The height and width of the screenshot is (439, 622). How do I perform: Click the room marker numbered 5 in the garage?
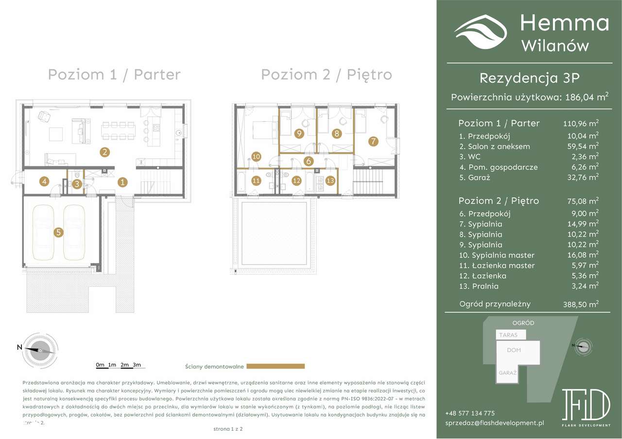coord(58,232)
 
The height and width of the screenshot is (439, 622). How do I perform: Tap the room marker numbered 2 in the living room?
coord(104,152)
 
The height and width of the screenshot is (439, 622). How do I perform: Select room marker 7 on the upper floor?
coord(373,142)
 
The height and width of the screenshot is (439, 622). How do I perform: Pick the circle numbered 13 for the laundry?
coord(330,180)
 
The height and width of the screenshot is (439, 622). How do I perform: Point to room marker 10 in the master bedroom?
coord(257,156)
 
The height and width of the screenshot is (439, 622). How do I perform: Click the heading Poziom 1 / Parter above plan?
coord(114,75)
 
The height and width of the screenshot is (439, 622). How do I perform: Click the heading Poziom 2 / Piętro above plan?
coord(326,75)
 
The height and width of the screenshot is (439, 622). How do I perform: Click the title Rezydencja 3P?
coord(529,78)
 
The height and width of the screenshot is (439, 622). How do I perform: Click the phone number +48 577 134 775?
coord(470,413)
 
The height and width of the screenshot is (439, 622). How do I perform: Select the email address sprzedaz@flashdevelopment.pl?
coord(494,423)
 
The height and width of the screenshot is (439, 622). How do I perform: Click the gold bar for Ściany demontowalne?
coord(276,366)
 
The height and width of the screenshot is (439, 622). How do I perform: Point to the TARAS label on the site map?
coord(507,335)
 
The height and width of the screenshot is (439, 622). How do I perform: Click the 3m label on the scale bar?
coord(137,364)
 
